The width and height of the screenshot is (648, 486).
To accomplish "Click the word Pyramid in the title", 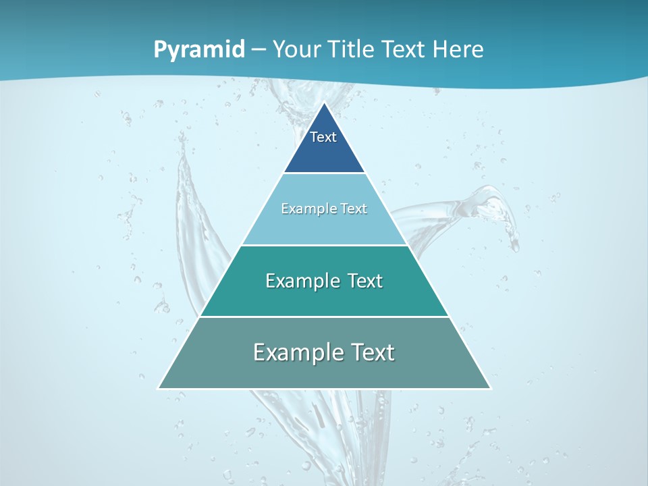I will tap(198, 49).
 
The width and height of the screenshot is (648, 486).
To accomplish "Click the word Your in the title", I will tap(297, 49).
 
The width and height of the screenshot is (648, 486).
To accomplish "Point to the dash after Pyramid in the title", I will tap(259, 50).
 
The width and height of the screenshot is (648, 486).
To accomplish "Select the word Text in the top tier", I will tap(323, 137).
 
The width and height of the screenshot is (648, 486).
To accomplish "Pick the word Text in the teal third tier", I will tap(365, 281).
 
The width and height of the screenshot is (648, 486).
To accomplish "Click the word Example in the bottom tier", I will tap(292, 352).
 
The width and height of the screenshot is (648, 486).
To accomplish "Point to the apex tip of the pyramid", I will tap(324, 103).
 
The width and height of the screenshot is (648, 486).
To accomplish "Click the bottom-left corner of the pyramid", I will tap(159, 388).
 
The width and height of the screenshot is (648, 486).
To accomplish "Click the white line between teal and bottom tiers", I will tap(324, 317).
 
